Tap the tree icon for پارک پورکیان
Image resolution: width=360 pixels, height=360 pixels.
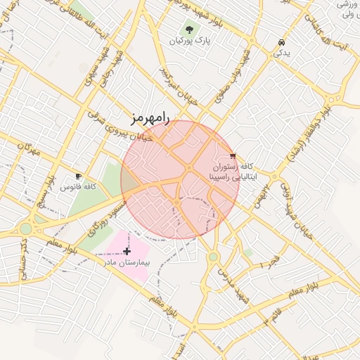click(x=189, y=30)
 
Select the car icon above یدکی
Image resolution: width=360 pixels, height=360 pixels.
click(x=281, y=42)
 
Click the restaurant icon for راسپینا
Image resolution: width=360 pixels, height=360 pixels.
click(x=233, y=156)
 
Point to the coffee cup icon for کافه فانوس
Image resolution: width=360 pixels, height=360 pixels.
click(x=78, y=176)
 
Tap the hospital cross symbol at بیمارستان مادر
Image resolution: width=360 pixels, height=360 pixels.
click(x=127, y=251)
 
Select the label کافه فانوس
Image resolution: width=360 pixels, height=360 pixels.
click(x=77, y=187)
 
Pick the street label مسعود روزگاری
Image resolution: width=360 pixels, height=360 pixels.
click(x=107, y=216)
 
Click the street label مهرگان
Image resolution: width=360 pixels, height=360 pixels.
click(x=30, y=150)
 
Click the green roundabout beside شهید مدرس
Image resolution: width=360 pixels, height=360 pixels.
click(x=212, y=257)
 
